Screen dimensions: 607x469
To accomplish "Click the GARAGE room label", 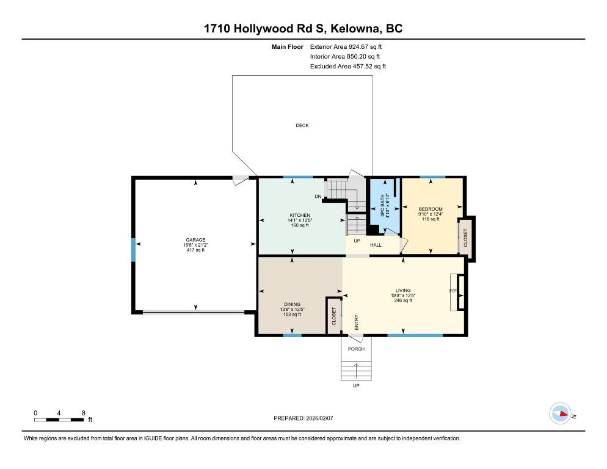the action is (195, 240).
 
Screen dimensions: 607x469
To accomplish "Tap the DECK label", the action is (302, 125).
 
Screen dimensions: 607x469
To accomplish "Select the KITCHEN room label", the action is (300, 216).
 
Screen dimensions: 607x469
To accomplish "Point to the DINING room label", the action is (293, 304).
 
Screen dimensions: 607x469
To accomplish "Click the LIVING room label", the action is (403, 291).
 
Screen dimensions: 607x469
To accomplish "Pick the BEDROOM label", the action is (431, 209).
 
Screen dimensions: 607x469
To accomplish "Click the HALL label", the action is (376, 245).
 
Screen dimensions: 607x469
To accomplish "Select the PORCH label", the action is (356, 349).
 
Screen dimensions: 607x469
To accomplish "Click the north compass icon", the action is (560, 413).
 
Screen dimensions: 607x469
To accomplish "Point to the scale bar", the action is (59, 420).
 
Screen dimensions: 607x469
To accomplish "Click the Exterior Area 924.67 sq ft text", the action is (346, 47).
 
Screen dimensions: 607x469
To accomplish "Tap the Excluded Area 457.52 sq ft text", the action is (348, 66).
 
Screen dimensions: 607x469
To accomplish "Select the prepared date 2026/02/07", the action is (319, 418).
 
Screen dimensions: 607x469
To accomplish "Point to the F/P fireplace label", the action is (453, 291).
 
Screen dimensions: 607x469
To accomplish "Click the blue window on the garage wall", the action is (133, 250).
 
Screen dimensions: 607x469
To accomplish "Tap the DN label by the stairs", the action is (318, 197).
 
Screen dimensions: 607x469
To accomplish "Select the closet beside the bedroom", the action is (465, 238).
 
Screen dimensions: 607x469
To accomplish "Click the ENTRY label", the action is (357, 322).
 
